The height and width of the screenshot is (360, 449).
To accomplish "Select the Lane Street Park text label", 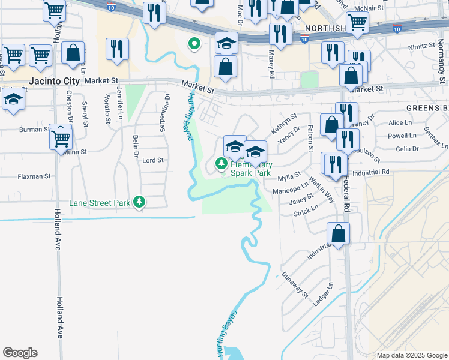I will point(100,203).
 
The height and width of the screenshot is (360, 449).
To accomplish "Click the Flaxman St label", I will point(34,176).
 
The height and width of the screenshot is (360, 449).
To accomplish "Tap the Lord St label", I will point(152,160).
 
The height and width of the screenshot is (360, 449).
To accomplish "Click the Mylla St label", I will point(289,177).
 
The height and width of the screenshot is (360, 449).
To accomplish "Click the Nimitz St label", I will point(421,46).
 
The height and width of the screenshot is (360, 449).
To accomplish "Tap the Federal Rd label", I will point(347,191).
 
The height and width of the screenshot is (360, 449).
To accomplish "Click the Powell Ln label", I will point(402,136).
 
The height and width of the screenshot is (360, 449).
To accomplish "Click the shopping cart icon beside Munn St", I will point(61,137).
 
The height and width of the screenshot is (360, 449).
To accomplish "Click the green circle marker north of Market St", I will point(194,44).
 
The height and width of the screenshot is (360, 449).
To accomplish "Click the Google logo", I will point(20,352).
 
